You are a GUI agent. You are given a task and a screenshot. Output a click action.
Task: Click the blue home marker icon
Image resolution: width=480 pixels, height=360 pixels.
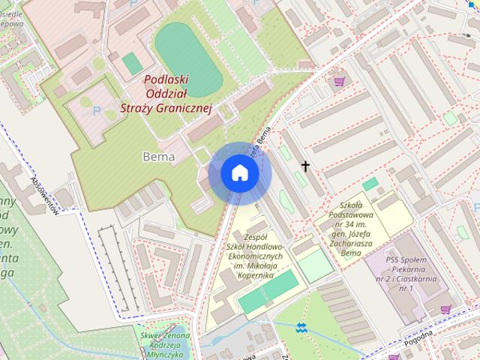point(240,174)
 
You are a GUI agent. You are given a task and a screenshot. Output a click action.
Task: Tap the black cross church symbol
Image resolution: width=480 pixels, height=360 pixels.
point(306,166)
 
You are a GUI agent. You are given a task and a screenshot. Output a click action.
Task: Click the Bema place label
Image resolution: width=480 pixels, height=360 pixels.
point(157,157)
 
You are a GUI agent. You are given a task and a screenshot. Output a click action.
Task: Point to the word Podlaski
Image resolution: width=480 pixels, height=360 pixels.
point(166,79)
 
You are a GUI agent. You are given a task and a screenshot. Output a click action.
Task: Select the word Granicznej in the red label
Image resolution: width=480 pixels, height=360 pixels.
point(185,109)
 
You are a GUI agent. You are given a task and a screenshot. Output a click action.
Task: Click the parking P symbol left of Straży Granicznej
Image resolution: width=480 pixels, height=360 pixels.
point(96,111)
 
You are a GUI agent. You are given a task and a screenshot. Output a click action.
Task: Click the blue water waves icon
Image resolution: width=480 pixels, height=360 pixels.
point(301,328)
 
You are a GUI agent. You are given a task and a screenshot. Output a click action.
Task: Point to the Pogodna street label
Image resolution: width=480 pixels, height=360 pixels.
point(416,334)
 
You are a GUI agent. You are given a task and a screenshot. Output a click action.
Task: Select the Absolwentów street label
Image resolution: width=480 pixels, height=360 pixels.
point(44,196)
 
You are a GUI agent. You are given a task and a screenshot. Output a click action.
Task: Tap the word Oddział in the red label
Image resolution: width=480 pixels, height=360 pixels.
point(166,94)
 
